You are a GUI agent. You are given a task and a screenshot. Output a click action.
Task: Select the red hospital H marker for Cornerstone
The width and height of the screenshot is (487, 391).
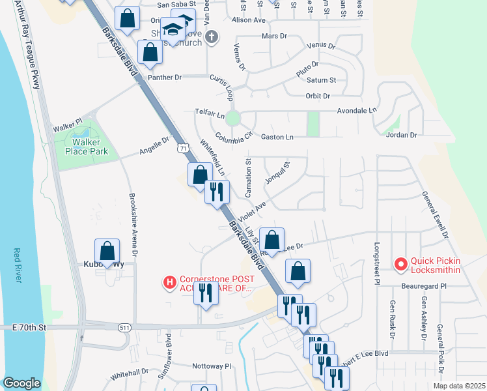(170, 282)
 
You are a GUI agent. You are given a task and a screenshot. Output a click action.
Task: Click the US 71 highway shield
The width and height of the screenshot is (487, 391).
(183, 149)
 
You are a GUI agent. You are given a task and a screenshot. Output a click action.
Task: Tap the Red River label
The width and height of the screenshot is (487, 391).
(18, 267)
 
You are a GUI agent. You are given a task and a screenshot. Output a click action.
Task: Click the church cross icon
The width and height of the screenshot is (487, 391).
(211, 37)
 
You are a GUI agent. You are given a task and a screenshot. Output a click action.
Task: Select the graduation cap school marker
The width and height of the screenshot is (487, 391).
(173, 29)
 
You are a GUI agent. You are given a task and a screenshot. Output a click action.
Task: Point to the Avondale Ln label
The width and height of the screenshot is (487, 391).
(357, 111)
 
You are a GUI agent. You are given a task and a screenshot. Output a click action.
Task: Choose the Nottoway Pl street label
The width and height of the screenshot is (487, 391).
(212, 366)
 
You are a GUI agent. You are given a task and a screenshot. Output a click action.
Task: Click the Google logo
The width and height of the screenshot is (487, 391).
(21, 383)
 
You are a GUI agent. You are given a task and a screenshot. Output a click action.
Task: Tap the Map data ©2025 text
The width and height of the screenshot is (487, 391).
(458, 386)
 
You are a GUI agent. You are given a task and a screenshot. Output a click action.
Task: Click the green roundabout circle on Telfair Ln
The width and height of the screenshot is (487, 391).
(233, 119)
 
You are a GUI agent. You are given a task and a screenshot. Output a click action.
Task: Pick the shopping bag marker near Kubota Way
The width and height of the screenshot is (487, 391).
(107, 251)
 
